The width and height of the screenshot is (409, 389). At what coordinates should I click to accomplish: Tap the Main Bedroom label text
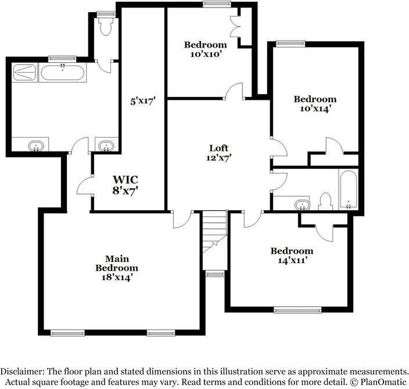(x=117, y=268)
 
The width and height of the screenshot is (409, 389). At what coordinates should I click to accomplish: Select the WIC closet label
(x=125, y=183)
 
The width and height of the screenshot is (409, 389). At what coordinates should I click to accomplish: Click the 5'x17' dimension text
(x=142, y=100)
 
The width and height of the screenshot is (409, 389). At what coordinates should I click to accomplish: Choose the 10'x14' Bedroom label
(x=314, y=103)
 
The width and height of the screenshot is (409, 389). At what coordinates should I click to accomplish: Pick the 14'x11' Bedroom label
(x=292, y=255)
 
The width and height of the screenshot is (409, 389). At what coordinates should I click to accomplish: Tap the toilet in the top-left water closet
(x=105, y=23)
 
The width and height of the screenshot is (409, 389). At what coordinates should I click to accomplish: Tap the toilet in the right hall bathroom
(x=325, y=200)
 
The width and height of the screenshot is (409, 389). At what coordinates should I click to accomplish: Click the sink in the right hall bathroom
(x=301, y=205)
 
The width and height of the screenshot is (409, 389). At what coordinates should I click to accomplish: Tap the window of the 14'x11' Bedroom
(x=297, y=310)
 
